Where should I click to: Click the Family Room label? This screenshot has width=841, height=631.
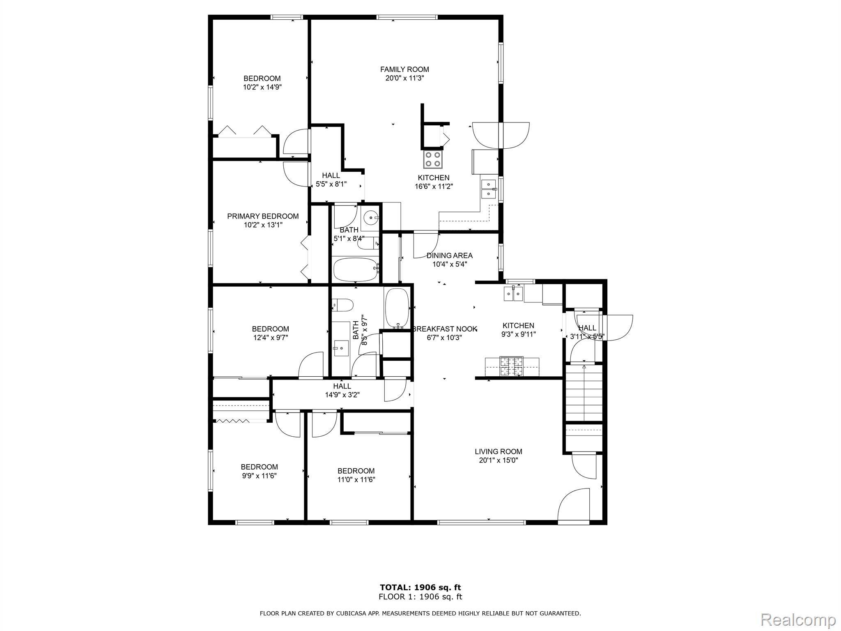tap(404, 69)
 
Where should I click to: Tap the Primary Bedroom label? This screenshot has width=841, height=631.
tap(263, 216)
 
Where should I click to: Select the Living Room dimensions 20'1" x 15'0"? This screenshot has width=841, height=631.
tap(499, 461)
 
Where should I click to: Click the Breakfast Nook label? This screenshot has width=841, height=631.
tap(445, 329)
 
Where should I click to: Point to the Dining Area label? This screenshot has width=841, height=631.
tap(450, 256)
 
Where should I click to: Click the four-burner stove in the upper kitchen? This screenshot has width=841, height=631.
tap(433, 159)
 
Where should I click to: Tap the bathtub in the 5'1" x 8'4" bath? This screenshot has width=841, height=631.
tap(356, 269)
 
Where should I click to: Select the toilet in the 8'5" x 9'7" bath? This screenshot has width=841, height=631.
tap(343, 306)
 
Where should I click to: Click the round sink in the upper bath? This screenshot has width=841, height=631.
tap(372, 216)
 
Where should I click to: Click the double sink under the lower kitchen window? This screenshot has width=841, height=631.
tap(513, 294)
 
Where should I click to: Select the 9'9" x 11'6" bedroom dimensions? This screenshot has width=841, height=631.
tap(259, 476)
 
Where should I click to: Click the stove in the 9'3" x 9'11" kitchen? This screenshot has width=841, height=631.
tap(512, 367)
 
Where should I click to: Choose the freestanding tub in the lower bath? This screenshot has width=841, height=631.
tap(397, 308)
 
